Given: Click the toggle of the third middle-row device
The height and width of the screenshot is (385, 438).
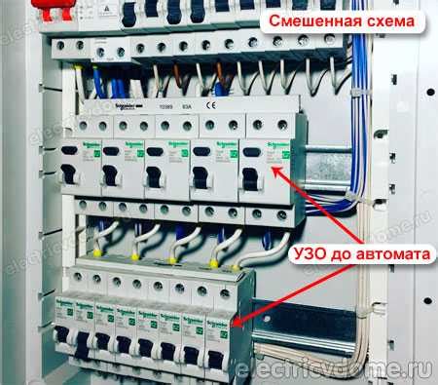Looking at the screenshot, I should (x=154, y=176).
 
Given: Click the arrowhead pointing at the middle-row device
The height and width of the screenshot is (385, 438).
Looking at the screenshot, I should (x=276, y=168).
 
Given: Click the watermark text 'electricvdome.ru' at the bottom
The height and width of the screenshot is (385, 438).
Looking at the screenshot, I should (x=331, y=368).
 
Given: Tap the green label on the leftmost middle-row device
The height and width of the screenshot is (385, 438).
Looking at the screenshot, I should (x=95, y=152).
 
